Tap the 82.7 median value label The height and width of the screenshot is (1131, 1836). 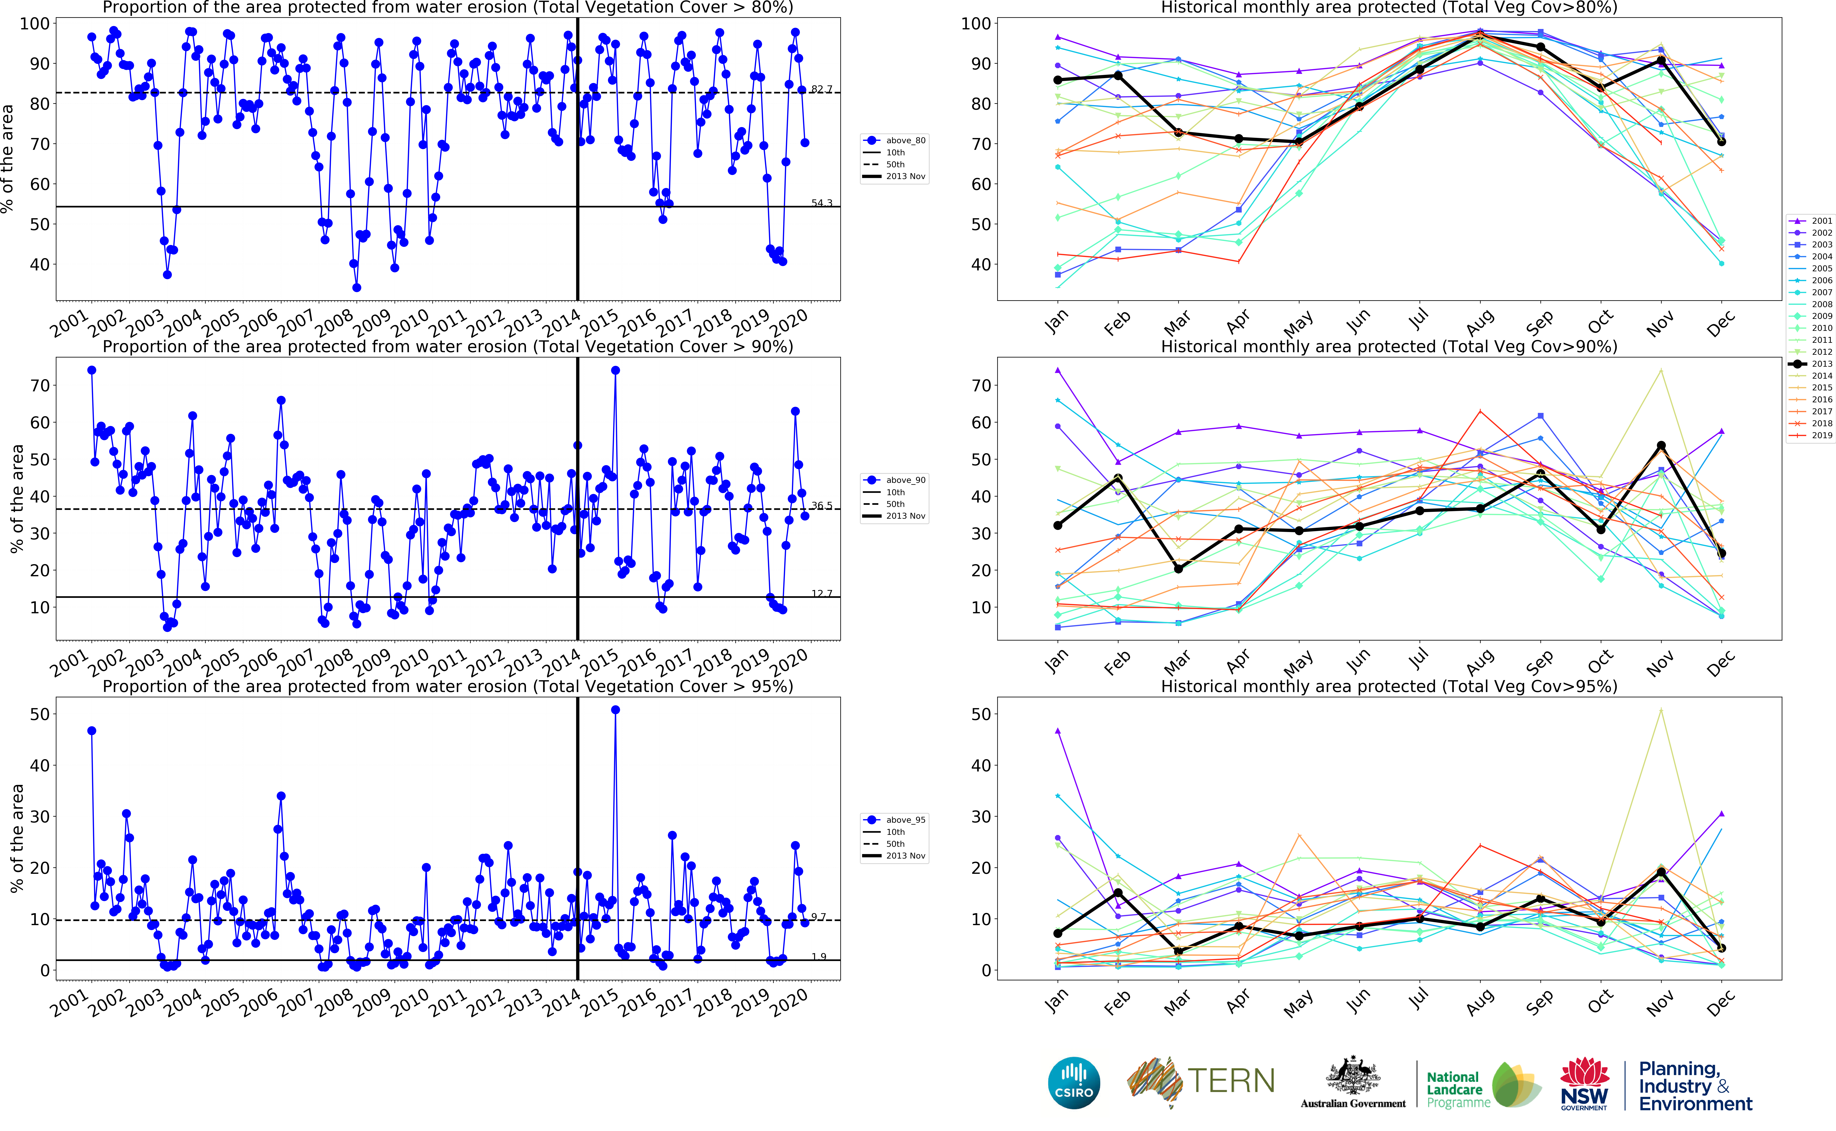click(x=821, y=89)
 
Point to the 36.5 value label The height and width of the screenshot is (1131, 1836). click(x=821, y=506)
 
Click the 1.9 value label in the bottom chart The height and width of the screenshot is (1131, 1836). click(x=819, y=957)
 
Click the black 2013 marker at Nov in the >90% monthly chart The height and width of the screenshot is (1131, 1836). click(x=1661, y=446)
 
